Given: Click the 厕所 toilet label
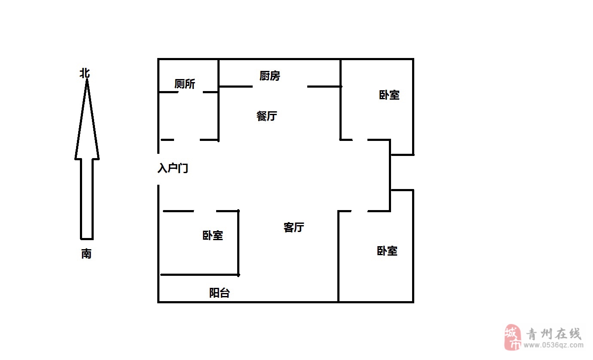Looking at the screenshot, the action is (185, 84).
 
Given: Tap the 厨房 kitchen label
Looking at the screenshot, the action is (270, 76).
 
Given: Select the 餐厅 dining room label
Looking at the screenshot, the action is (267, 116).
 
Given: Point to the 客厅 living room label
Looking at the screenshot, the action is (294, 227).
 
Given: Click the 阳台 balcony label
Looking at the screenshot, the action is (220, 293).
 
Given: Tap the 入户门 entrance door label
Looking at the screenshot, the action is (173, 168).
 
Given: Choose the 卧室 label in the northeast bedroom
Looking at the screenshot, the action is (389, 95).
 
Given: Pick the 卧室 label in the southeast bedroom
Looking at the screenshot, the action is (387, 251).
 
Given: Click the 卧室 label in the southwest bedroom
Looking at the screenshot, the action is (213, 235).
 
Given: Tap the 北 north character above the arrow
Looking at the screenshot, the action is (85, 73).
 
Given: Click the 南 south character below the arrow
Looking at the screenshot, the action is (86, 253).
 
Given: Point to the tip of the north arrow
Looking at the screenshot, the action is (87, 79).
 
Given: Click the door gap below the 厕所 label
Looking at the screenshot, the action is (191, 92).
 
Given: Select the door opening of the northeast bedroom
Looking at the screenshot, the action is (360, 140).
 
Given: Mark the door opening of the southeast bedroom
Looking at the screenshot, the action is (360, 211).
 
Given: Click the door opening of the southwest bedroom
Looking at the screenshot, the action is (205, 211).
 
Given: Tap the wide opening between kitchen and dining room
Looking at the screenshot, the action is (280, 86).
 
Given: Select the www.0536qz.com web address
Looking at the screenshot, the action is (553, 345).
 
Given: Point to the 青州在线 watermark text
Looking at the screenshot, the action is (553, 334).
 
